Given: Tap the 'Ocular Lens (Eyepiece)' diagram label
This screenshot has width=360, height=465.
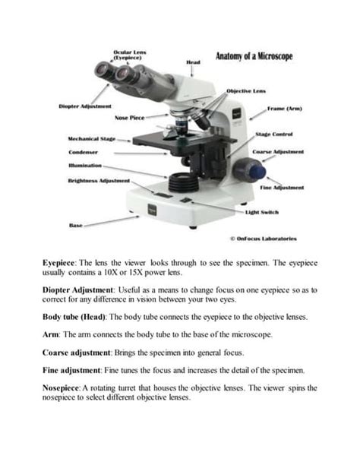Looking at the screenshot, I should [x=130, y=55].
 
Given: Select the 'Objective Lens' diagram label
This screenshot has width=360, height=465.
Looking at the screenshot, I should [x=246, y=90].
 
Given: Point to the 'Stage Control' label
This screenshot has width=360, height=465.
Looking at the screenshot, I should [x=278, y=134].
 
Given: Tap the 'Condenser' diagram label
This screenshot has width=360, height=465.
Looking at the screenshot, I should [x=83, y=152].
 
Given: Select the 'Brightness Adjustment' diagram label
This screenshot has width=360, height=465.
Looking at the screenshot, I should [x=99, y=181].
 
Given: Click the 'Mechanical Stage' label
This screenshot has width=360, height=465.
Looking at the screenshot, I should [x=92, y=139].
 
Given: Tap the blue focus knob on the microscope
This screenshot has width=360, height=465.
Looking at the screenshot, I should [x=245, y=166].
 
